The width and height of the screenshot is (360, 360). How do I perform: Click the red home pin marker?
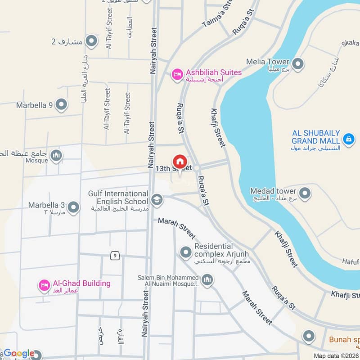pos(180,161)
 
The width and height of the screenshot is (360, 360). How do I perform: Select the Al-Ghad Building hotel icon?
pos(44,285)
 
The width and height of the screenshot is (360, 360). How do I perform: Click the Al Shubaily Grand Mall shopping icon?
pos(348,138)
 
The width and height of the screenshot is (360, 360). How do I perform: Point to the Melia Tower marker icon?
pos(297,63)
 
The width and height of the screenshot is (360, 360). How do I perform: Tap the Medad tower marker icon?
pos(305,194)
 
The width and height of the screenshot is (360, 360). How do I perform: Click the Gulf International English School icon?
pos(157,199)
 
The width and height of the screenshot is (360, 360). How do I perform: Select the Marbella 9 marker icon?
pos(62,105)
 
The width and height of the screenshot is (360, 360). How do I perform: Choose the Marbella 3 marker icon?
pos(74,207)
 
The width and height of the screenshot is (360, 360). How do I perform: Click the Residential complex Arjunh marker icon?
pos(185,252)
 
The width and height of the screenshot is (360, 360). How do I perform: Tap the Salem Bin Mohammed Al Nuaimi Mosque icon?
pos(207,281)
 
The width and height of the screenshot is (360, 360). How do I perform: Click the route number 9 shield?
pos(116,256)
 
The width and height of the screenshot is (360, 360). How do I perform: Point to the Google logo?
pos(19,353)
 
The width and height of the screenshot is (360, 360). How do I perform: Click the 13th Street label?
pos(170,168)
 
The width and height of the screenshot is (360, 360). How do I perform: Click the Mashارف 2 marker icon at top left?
pos(91,41)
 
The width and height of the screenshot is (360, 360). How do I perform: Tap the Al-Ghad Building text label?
pos(81,283)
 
